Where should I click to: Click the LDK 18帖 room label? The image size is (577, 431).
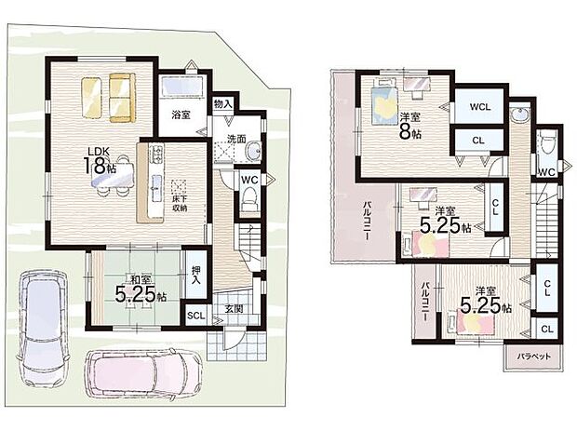click(100, 160)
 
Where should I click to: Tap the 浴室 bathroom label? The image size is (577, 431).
click(181, 114)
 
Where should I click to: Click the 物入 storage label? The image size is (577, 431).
click(223, 103)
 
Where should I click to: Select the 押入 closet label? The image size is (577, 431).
click(195, 276)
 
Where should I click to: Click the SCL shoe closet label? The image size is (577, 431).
click(196, 316)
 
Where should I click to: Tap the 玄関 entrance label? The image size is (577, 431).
click(234, 309)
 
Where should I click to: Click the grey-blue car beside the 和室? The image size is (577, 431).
click(44, 329)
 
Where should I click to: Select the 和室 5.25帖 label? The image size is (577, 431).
click(141, 289)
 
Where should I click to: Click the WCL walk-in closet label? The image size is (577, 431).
click(480, 107)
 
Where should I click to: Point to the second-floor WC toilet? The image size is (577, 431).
click(548, 144)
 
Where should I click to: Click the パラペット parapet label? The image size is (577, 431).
click(533, 357)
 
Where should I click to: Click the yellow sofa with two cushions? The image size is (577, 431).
click(122, 97)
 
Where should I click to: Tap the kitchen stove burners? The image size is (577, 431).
click(157, 154)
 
